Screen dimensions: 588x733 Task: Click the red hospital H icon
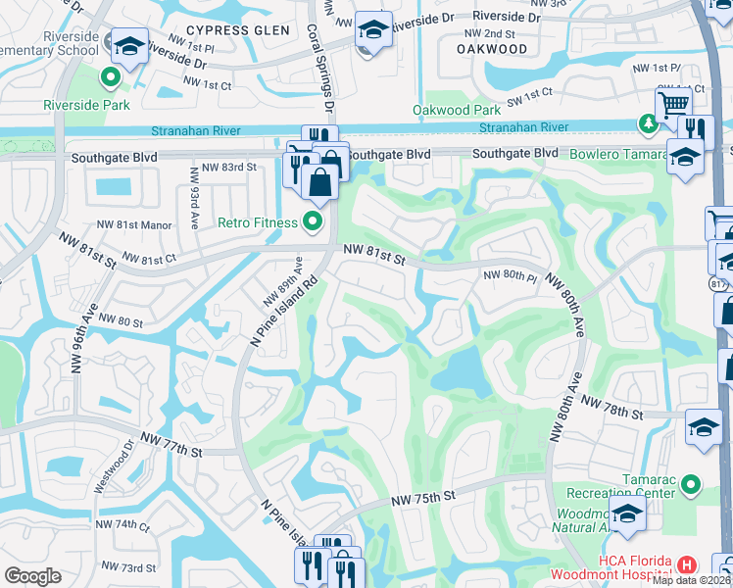coord(687,564)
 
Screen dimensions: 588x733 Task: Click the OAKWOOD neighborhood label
coord(492,48)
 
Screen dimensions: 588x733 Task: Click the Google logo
coord(32,576)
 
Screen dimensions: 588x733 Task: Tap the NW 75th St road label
coord(424,499)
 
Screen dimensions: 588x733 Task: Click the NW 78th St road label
coord(611,407)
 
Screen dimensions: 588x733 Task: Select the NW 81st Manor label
coord(145,224)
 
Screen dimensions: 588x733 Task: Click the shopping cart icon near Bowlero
coord(673,103)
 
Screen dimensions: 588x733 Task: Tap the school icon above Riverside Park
coord(128,45)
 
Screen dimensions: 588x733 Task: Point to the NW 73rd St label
coord(126,568)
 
